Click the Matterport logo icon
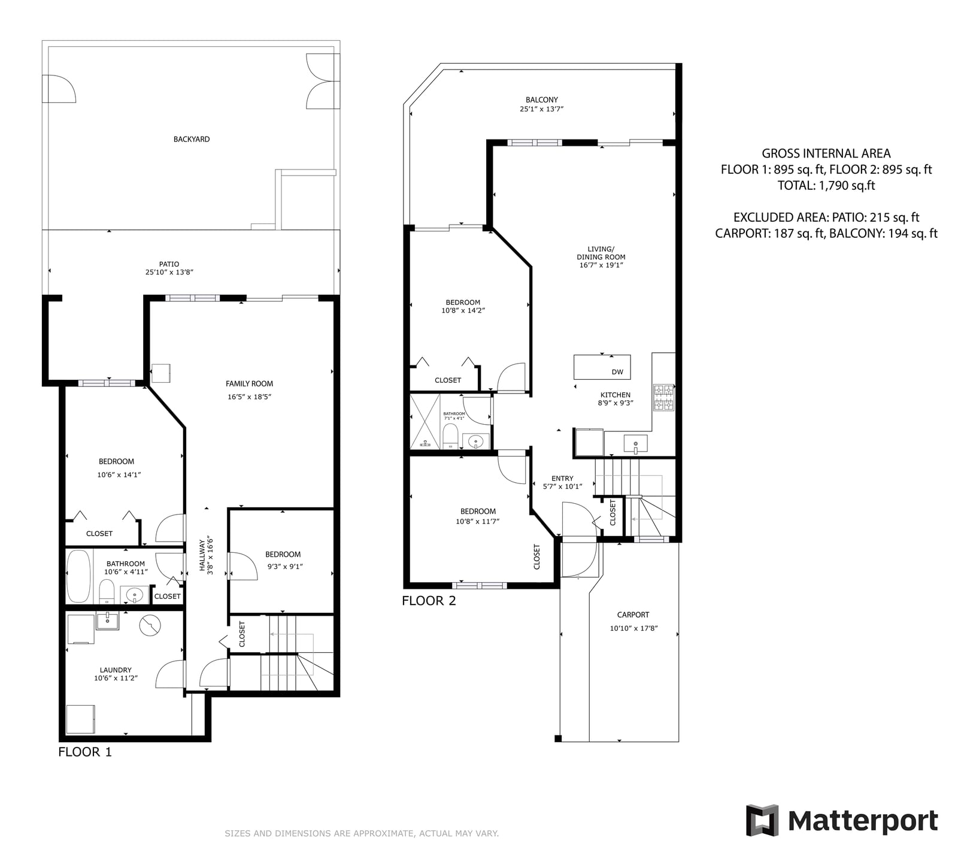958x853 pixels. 762,820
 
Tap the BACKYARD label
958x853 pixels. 192,139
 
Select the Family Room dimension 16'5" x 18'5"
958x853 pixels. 250,397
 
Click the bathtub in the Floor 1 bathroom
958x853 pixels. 78,576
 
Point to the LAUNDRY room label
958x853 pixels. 116,670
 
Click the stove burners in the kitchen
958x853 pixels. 663,397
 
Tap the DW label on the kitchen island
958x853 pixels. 617,372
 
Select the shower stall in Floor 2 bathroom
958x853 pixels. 425,421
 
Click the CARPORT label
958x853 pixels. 633,615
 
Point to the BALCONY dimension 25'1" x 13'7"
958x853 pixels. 542,109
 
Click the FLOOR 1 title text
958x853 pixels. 85,752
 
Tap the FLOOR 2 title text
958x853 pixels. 429,601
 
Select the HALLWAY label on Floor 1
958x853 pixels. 202,558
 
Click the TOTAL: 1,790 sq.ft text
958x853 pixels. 826,186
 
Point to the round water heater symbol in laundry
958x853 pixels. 150,626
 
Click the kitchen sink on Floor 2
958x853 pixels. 635,444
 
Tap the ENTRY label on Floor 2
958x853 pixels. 562,478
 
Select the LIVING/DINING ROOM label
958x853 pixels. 601,253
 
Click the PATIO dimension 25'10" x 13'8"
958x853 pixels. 169,272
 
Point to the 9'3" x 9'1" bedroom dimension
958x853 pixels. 284,566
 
